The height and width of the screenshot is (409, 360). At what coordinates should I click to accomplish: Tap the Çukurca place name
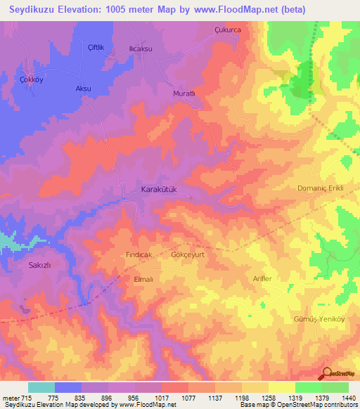pos(227,30)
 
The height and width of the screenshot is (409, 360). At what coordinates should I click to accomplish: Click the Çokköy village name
pos(32,79)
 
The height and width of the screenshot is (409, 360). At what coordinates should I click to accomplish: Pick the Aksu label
pos(84,89)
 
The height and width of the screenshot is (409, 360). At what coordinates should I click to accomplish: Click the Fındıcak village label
pos(139,255)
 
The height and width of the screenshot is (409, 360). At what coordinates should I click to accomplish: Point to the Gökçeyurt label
pos(188,255)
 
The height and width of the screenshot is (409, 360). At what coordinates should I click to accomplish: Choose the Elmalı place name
pos(143,278)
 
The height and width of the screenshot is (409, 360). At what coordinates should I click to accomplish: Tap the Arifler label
pos(262,279)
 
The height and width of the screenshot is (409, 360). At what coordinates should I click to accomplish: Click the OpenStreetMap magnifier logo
pos(326,373)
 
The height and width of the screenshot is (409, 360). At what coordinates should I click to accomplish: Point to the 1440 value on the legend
pos(339,398)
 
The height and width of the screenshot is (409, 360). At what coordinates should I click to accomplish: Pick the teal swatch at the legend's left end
pos(41,387)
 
